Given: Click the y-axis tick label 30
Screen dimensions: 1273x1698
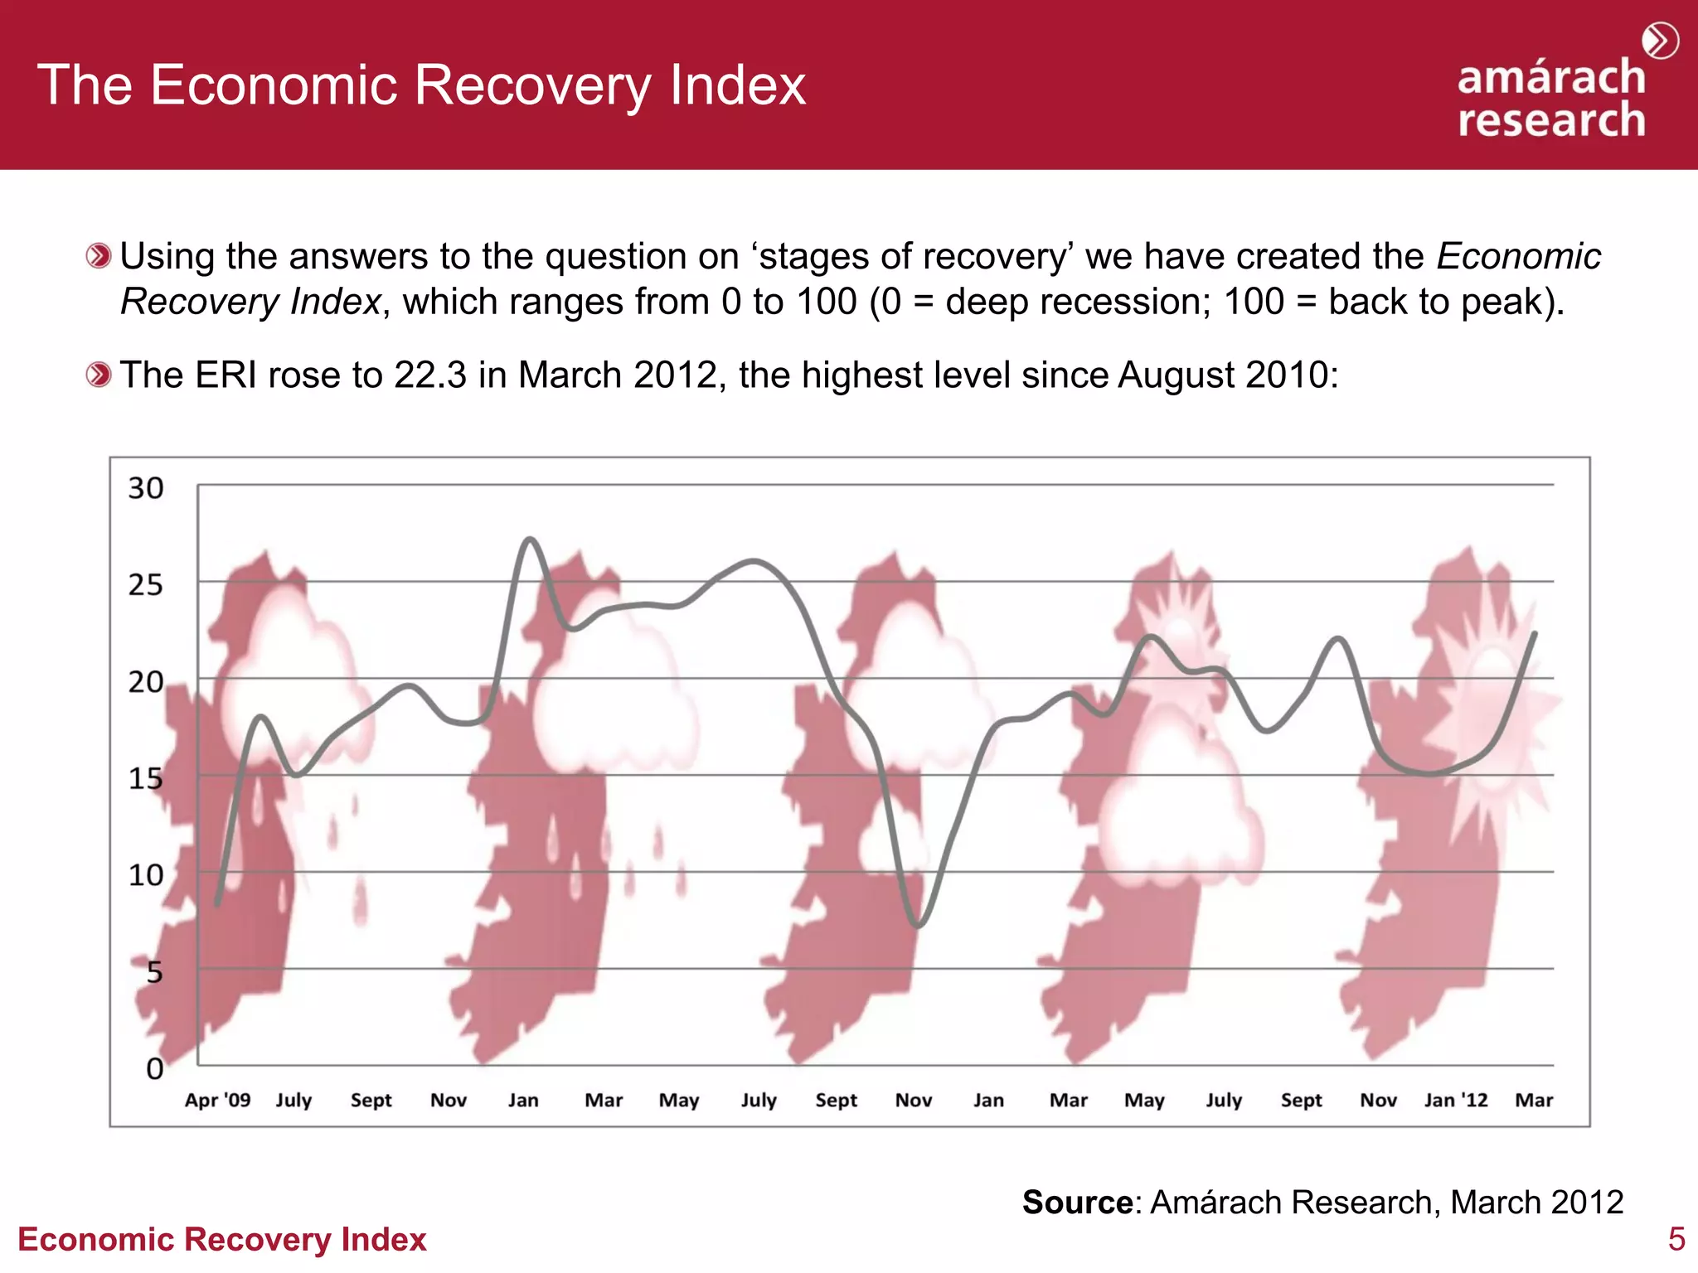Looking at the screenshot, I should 145,488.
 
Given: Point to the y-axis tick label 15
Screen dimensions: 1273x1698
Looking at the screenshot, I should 145,779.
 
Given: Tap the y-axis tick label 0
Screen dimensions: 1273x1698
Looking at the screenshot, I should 154,1069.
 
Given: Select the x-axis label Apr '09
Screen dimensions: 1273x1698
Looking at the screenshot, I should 217,1101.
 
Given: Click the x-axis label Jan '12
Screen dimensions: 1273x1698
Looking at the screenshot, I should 1456,1101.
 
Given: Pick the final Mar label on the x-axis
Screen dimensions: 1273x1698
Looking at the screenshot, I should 1534,1101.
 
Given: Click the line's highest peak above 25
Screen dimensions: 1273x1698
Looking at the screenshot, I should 530,540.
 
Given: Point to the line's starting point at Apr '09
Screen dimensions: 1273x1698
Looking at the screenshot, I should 217,903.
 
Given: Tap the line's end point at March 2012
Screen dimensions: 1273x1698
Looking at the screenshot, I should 1535,634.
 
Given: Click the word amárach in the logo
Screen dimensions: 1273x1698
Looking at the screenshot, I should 1550,78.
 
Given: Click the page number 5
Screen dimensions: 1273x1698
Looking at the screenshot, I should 1676,1240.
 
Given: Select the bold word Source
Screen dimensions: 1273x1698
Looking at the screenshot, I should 1077,1202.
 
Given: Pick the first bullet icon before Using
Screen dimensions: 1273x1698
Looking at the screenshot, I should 99,256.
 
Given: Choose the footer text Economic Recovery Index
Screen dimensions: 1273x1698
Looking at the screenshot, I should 221,1240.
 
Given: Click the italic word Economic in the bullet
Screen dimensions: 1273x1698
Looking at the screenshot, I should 1518,256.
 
